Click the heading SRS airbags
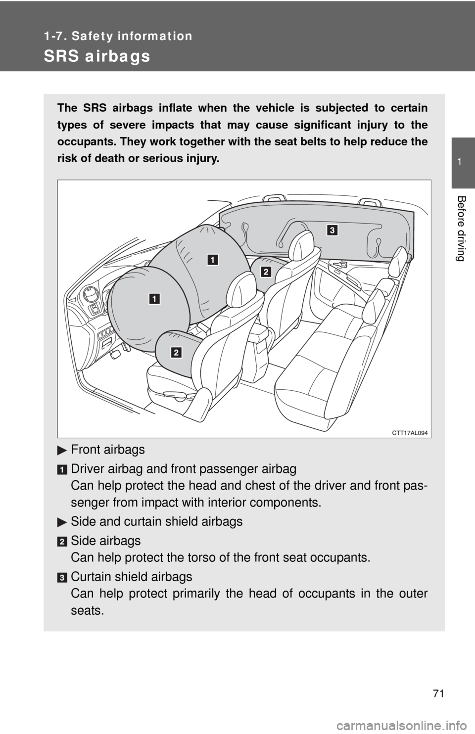[x=97, y=57]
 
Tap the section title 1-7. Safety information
[x=118, y=36]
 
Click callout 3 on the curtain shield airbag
[x=332, y=230]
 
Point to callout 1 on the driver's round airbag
[x=155, y=299]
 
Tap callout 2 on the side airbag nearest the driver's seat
[x=177, y=352]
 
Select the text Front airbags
[x=108, y=450]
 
